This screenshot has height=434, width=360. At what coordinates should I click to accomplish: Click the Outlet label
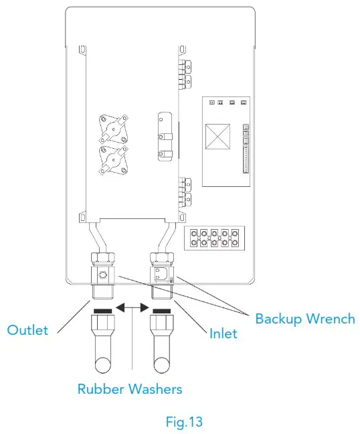pos(27,330)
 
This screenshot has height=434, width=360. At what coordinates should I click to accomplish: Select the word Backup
pos(276,318)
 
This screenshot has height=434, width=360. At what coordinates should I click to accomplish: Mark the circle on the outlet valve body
pos(102,276)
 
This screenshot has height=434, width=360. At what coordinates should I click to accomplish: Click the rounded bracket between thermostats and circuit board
pos(163,137)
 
